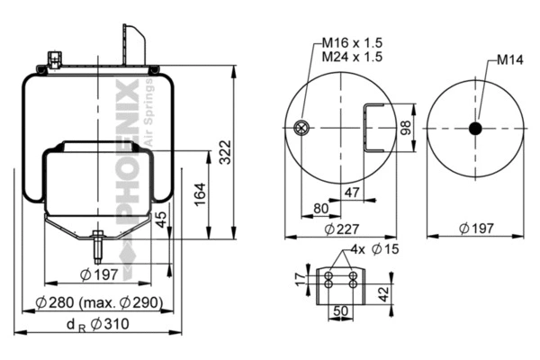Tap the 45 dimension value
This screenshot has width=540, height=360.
click(x=161, y=219)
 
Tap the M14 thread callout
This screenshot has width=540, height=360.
click(x=510, y=61)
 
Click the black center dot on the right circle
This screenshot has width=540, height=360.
click(x=475, y=129)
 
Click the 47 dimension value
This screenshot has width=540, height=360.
click(x=354, y=192)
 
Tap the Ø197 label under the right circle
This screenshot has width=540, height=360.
click(x=474, y=228)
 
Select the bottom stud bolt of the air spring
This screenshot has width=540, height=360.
click(x=96, y=245)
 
